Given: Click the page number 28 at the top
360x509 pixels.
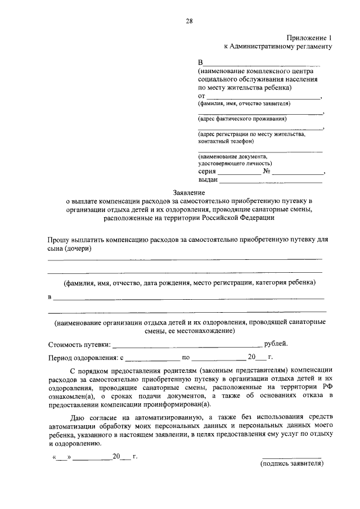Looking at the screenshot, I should tap(190, 21).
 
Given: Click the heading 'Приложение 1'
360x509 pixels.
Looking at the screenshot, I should tap(308, 38).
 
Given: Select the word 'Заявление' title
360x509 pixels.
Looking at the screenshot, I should tap(189, 192).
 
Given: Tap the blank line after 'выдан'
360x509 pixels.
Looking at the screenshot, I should tap(271, 182).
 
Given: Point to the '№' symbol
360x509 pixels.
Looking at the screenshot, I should tap(267, 171).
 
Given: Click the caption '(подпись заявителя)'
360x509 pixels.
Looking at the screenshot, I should tap(291, 465).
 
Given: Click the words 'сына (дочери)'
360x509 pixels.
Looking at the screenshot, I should tap(70, 249).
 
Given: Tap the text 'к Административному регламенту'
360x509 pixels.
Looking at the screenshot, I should tap(278, 47).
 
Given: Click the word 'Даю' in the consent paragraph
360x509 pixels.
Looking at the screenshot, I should tap(79, 417).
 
